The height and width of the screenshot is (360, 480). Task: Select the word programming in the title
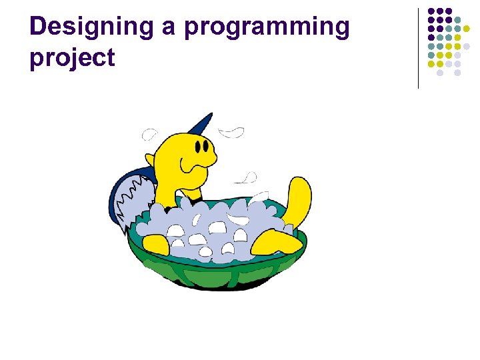click(267, 27)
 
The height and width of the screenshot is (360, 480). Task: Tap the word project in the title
click(72, 59)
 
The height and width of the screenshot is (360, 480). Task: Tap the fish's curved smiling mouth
click(199, 162)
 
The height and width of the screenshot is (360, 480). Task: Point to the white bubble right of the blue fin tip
click(232, 131)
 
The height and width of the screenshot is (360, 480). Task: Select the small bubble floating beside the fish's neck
click(249, 178)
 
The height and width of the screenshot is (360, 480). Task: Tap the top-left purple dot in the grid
click(431, 11)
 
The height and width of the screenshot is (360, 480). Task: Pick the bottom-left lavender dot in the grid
click(440, 73)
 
